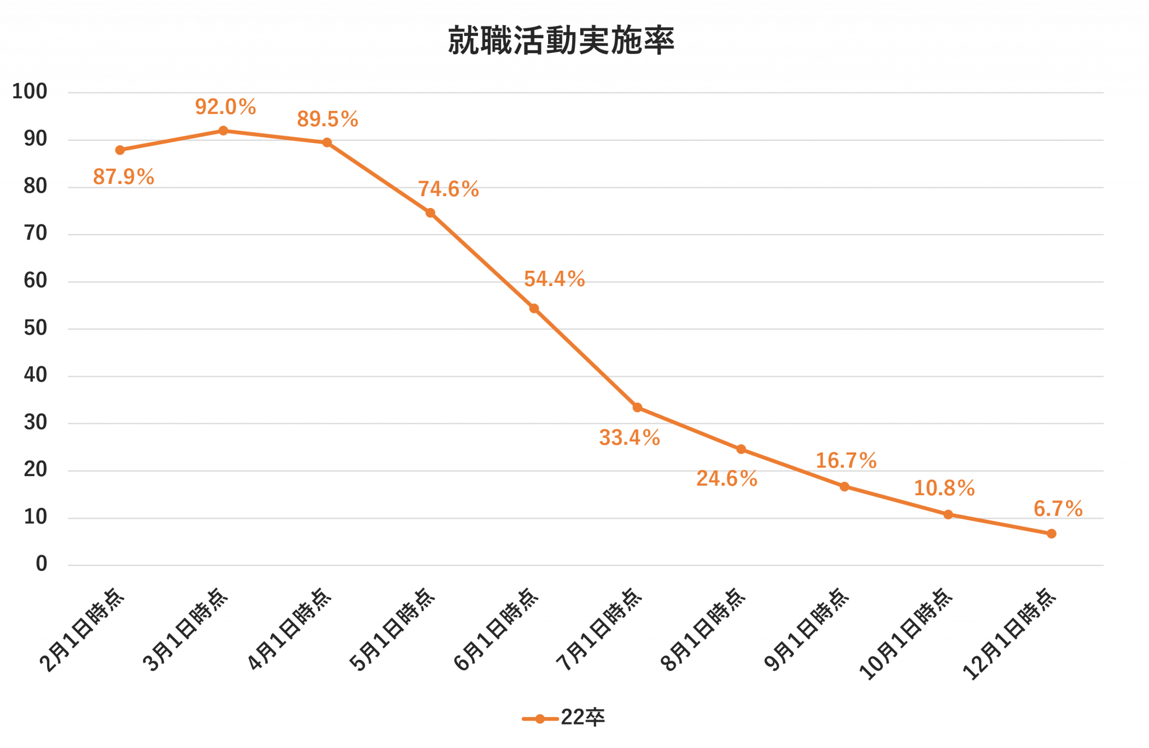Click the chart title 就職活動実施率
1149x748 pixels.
click(x=561, y=40)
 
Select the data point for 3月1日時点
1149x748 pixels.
click(x=223, y=131)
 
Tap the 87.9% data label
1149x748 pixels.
click(x=123, y=177)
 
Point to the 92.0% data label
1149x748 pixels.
click(x=226, y=107)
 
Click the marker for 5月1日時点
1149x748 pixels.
click(x=430, y=213)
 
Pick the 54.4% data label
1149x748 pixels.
click(x=554, y=279)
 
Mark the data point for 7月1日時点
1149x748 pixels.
click(x=637, y=408)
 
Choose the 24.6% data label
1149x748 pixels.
click(x=727, y=479)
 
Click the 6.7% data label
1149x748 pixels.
click(x=1058, y=509)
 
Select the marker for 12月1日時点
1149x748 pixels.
click(x=1051, y=534)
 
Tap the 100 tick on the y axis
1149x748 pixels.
click(x=30, y=91)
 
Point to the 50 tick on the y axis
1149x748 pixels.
click(x=35, y=328)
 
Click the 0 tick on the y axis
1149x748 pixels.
click(x=42, y=564)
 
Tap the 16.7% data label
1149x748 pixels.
click(x=846, y=461)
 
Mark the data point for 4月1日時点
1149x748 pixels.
click(x=327, y=143)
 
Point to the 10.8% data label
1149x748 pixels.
click(x=945, y=488)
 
